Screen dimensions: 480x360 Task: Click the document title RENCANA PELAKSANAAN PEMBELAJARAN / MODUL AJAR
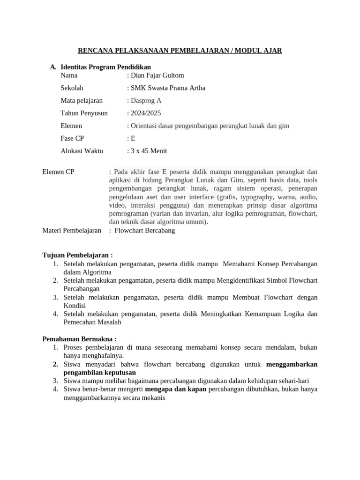coord(180,50)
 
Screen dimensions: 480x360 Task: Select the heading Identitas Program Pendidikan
coord(105,67)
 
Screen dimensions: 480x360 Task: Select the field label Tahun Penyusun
coord(84,113)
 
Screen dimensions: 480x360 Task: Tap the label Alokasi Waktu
coord(82,151)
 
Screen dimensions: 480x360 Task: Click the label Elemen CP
coord(58,172)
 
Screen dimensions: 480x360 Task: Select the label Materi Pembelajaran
coord(72,231)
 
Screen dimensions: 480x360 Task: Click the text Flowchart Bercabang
coord(144,231)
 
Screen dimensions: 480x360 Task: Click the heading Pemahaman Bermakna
coord(79,339)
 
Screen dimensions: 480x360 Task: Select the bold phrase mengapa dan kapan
coord(176,389)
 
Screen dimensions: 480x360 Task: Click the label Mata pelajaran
coord(82,100)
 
